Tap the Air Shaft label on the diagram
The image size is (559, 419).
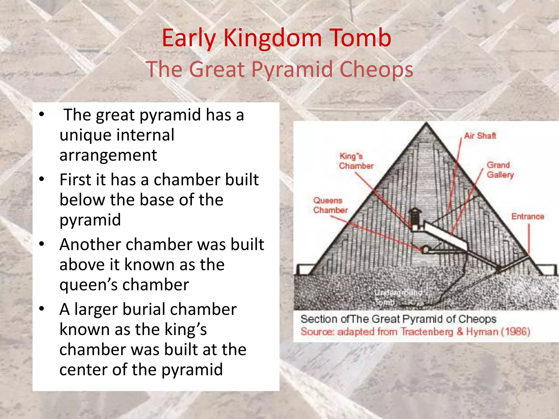pyautogui.click(x=480, y=136)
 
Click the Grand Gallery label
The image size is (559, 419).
pyautogui.click(x=500, y=170)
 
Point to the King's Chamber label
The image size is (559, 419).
pyautogui.click(x=356, y=161)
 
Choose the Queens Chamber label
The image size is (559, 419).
pyautogui.click(x=330, y=205)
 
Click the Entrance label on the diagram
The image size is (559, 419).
pyautogui.click(x=527, y=216)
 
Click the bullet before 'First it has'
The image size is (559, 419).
pyautogui.click(x=41, y=179)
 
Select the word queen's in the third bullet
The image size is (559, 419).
pyautogui.click(x=88, y=285)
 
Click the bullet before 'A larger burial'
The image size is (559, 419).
pyautogui.click(x=41, y=309)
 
